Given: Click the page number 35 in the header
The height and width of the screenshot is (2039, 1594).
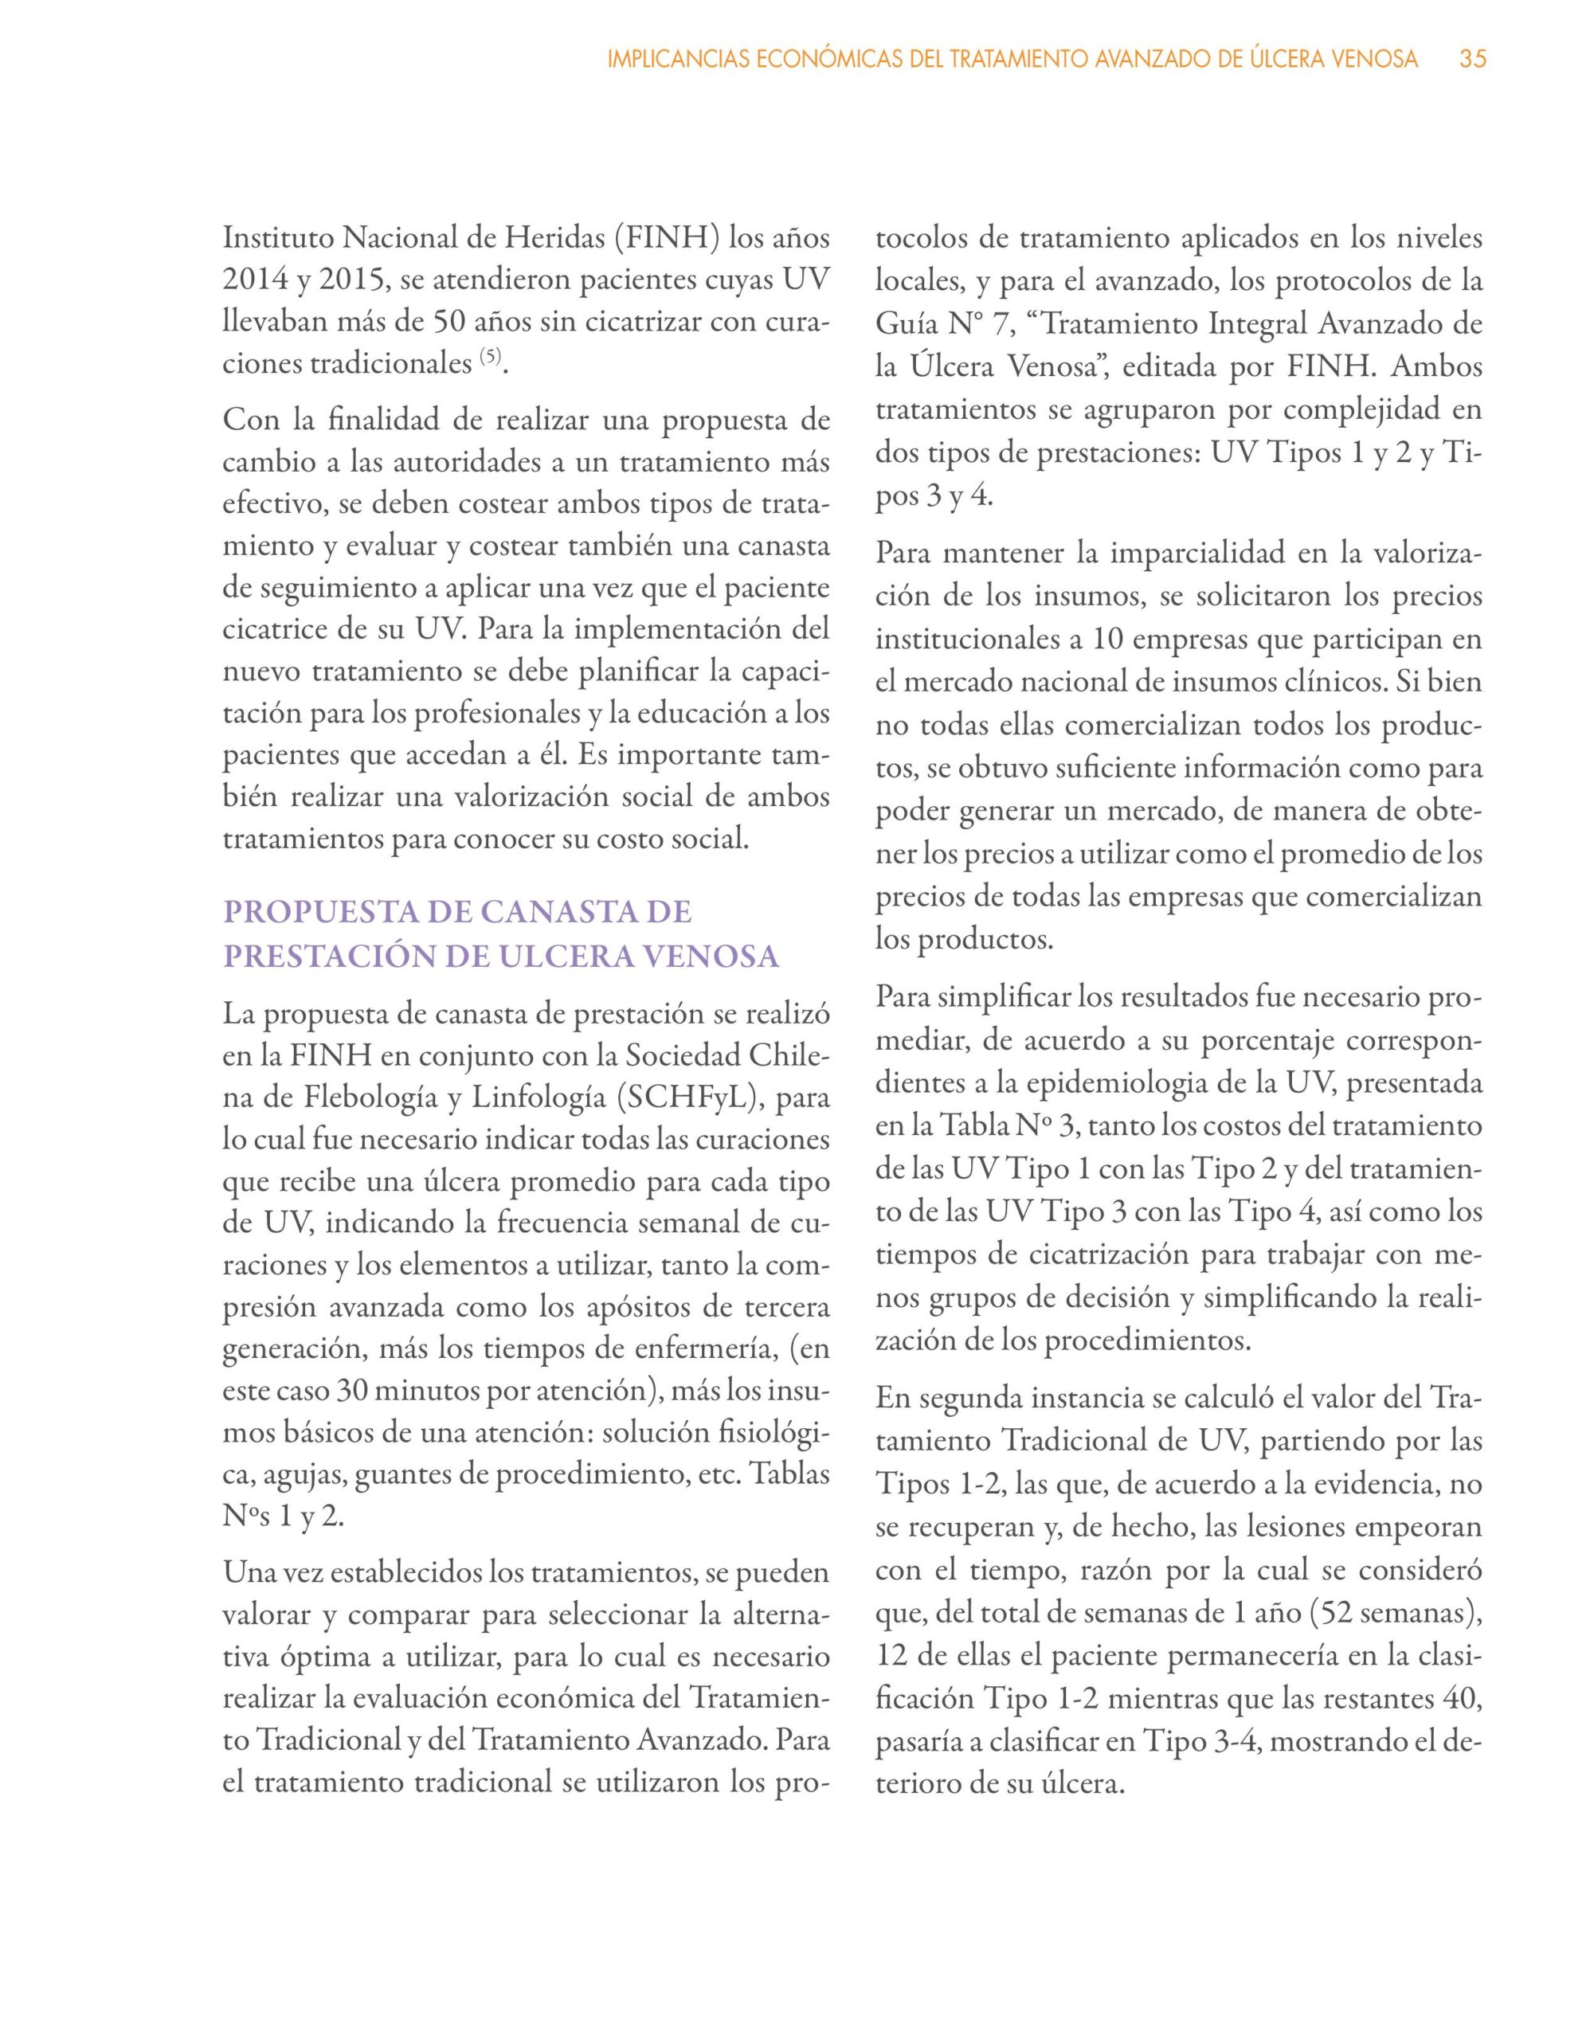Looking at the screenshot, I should point(1473,60).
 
